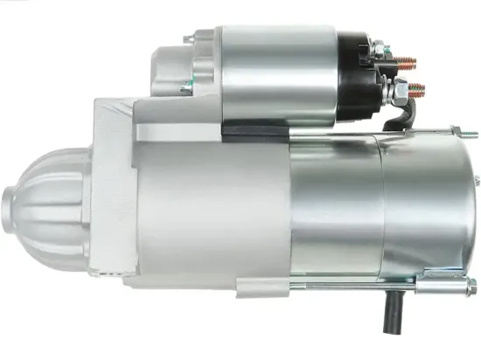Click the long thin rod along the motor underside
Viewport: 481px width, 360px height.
click(x=350, y=285)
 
